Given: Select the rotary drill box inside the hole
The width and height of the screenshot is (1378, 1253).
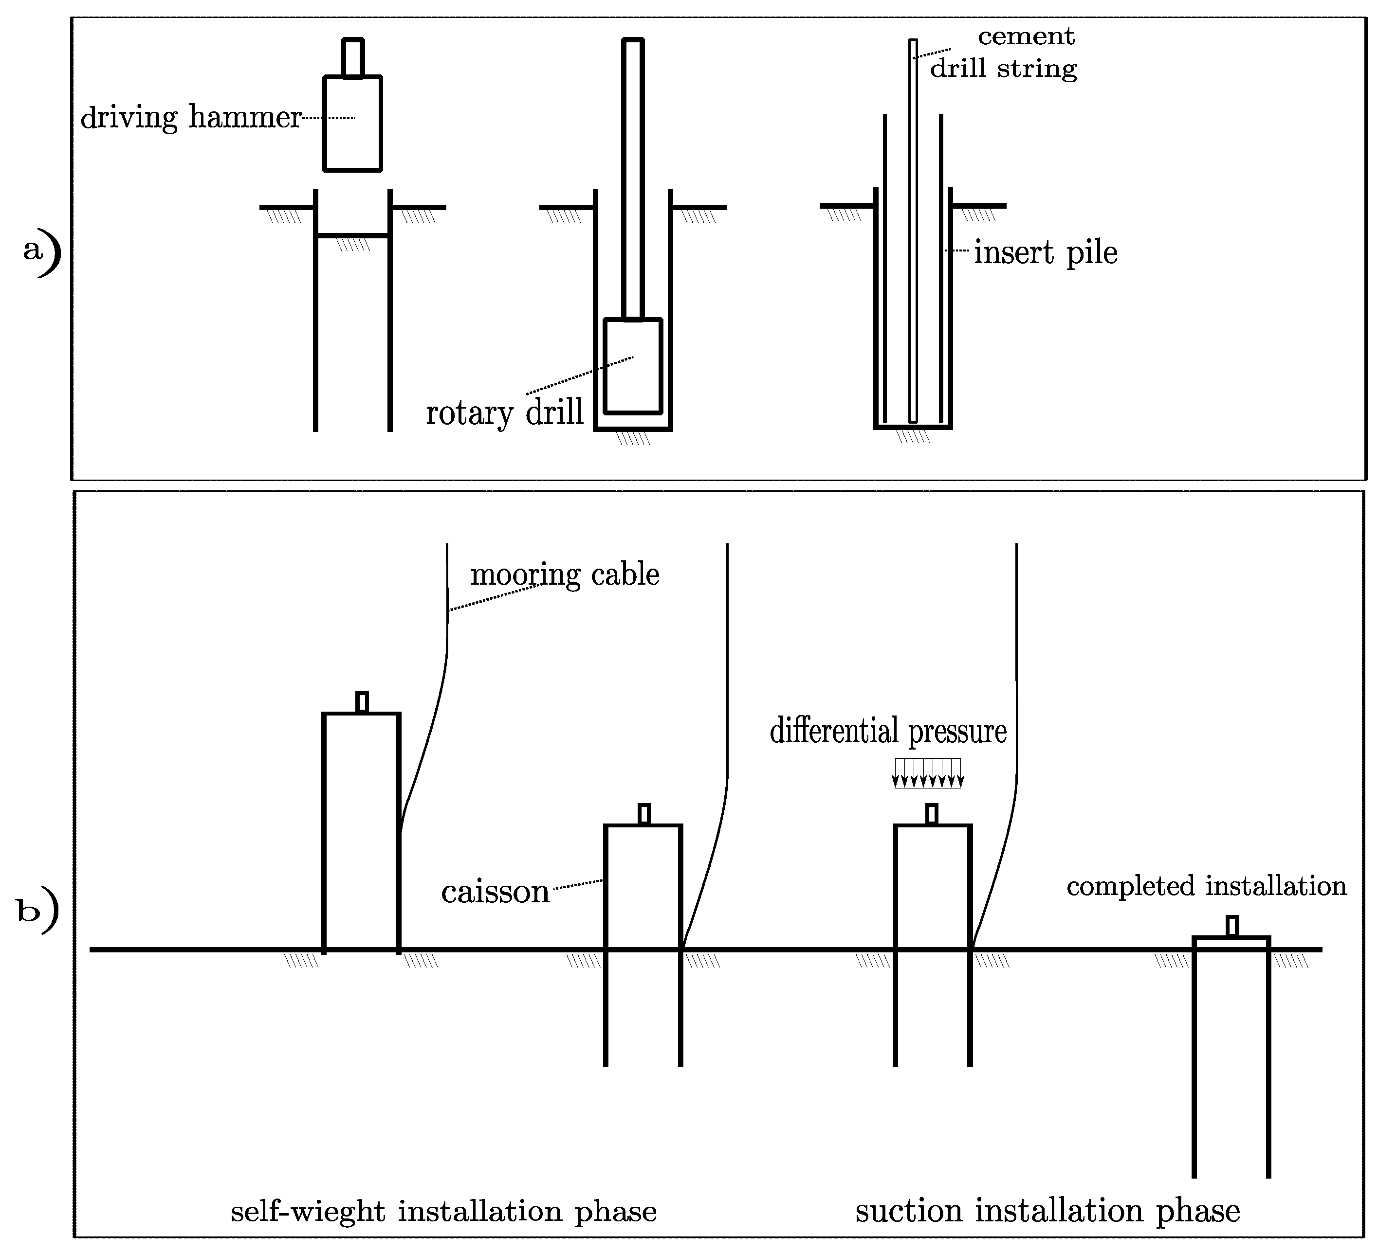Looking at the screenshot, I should (x=633, y=366).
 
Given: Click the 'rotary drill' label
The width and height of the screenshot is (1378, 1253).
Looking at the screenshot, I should (x=504, y=412).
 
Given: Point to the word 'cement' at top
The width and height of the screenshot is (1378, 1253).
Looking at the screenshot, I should (x=1026, y=36).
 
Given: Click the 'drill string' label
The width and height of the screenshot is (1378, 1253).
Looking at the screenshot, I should (x=1003, y=68).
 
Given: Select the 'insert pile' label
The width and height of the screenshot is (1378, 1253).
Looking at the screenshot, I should (x=1045, y=253).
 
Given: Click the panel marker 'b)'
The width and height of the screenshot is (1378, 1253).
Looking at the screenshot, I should (x=37, y=912).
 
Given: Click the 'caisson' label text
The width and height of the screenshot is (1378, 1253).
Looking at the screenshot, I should (x=496, y=892).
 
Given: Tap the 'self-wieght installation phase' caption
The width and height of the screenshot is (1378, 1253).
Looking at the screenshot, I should (x=443, y=1211).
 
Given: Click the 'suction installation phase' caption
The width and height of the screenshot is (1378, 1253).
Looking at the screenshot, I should (x=1047, y=1211).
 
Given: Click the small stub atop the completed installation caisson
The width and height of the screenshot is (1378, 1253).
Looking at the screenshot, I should (x=1231, y=926).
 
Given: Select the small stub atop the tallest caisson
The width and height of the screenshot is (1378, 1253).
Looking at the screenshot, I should (x=362, y=702).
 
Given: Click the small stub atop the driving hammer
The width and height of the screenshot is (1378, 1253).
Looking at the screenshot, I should (x=352, y=58).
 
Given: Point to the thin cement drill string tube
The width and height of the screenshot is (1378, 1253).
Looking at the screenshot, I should (x=913, y=233).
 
